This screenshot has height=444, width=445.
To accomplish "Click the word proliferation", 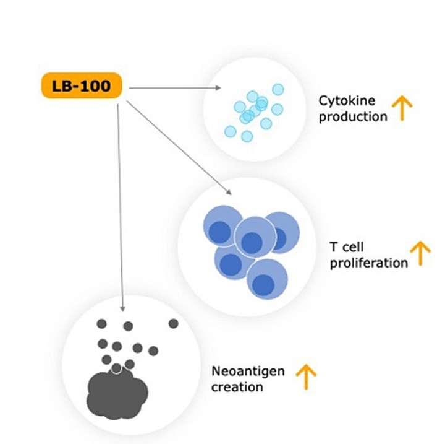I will (368, 263).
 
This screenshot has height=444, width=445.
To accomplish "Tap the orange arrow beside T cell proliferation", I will (421, 254).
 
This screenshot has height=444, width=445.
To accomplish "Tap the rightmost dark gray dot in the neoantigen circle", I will (173, 323).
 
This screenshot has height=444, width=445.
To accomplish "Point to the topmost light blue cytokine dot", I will (278, 89).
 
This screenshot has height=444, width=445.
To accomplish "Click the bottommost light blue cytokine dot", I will (247, 136).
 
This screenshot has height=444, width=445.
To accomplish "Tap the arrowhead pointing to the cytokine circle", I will (218, 89).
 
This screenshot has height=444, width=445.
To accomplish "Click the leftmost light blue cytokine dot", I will (230, 131).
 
